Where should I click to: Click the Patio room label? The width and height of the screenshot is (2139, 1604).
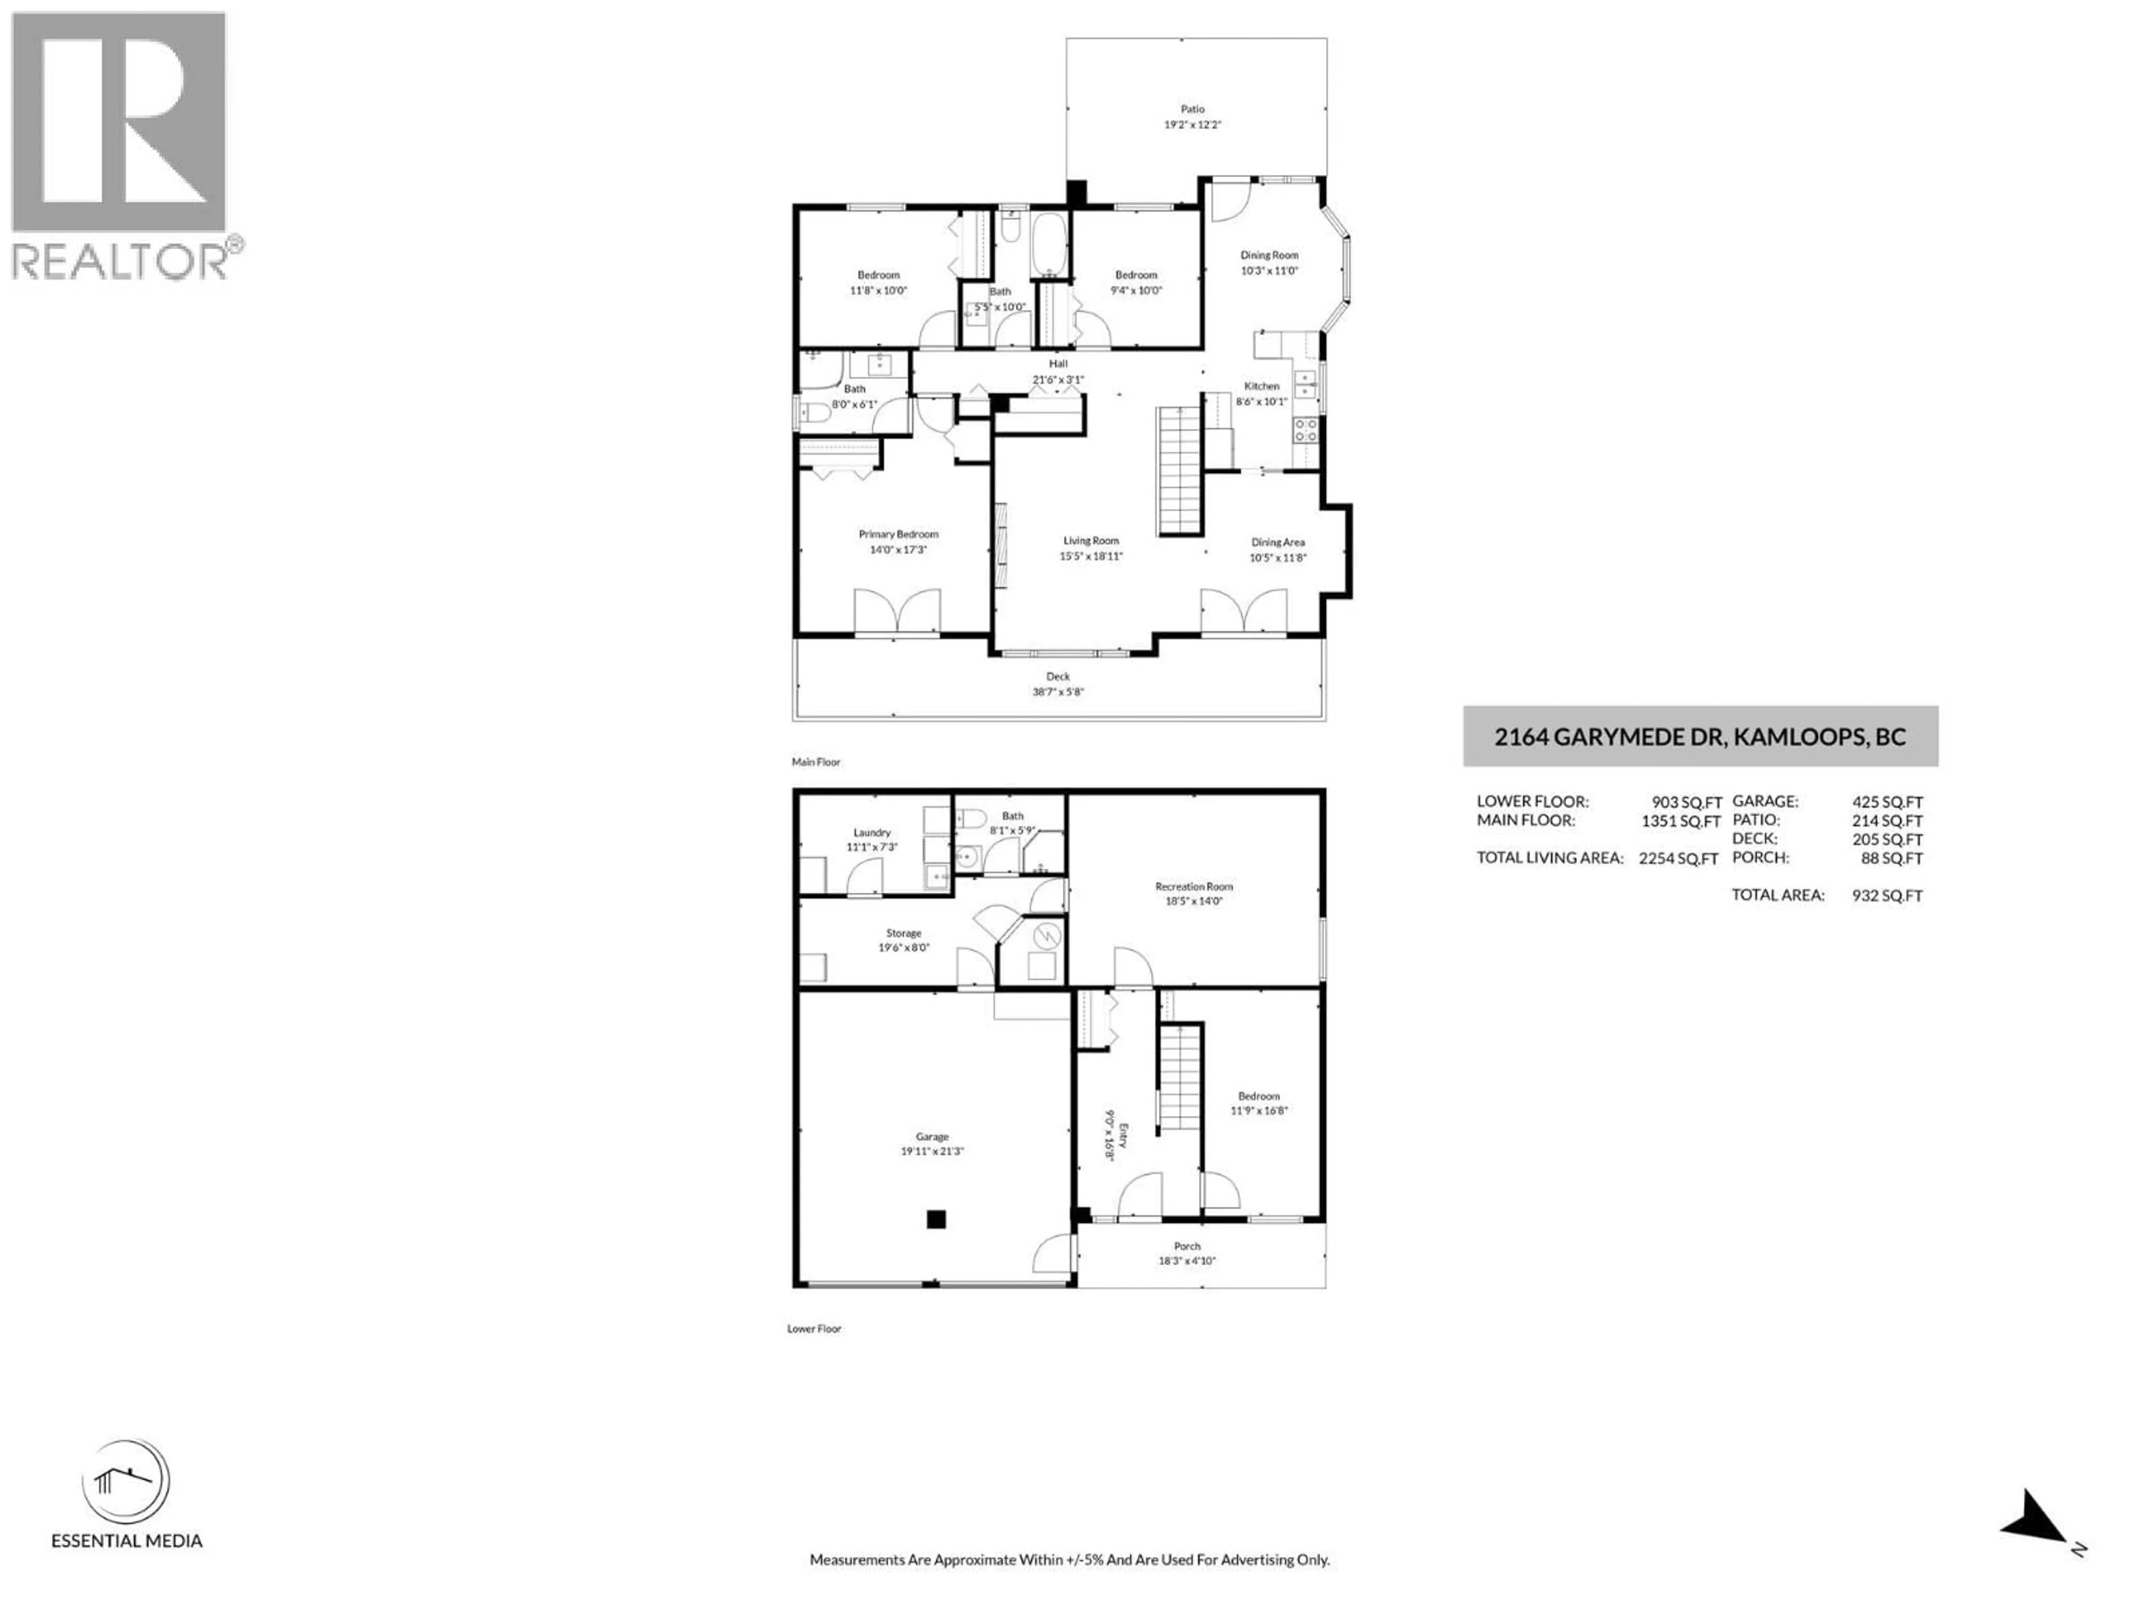(x=1191, y=109)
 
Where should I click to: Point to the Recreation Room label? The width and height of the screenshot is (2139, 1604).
(x=1193, y=886)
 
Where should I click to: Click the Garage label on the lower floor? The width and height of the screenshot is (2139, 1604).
(x=931, y=1137)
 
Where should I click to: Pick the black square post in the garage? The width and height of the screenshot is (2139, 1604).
(x=935, y=1219)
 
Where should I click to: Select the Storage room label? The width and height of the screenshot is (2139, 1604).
(x=903, y=933)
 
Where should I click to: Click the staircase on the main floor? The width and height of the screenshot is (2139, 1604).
(x=1179, y=471)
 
